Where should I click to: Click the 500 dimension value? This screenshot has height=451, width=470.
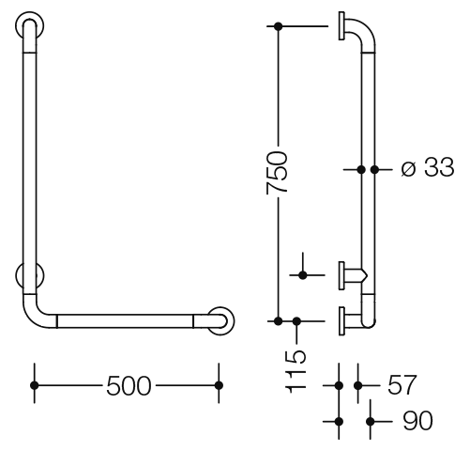(129, 386)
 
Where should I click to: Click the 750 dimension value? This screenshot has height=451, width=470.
(277, 173)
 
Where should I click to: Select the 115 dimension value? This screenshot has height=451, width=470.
(296, 372)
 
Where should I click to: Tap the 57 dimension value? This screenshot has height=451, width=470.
(402, 384)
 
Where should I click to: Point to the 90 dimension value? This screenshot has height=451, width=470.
(417, 421)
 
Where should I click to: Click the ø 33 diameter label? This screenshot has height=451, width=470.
(427, 167)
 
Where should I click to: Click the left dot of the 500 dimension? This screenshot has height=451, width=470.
(35, 385)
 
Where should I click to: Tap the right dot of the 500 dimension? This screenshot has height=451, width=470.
(219, 385)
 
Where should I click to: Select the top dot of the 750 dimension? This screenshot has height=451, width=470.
(278, 26)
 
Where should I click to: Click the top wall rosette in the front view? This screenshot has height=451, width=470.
(30, 25)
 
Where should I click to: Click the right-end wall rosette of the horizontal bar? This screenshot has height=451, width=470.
(220, 321)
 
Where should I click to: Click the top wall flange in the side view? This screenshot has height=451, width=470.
(341, 26)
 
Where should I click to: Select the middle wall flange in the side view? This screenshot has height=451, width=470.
(341, 275)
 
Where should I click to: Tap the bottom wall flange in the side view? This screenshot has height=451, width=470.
(341, 321)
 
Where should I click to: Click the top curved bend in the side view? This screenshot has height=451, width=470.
(364, 30)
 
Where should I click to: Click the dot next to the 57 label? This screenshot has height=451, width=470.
(358, 385)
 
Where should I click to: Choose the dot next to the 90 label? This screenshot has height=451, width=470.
(371, 422)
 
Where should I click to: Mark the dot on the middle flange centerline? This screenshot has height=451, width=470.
(303, 275)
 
